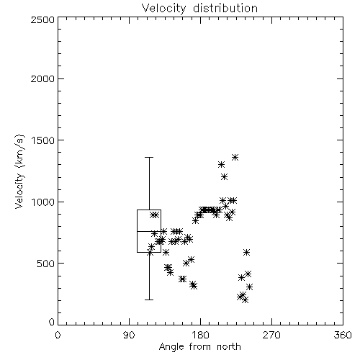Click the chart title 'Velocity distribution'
[x=199, y=9]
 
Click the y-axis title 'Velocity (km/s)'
[x=19, y=171]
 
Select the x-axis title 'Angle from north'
[x=199, y=347]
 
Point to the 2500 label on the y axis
[x=43, y=19]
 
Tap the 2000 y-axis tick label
[x=43, y=78]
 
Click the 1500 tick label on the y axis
[x=43, y=140]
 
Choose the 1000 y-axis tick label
[x=43, y=202]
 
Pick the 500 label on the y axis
[x=46, y=264]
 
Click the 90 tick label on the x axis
[x=129, y=335]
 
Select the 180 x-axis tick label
[x=200, y=335]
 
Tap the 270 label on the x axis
[x=271, y=335]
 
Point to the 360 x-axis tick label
[x=343, y=335]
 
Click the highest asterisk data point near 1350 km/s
[x=235, y=158]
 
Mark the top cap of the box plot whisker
[x=149, y=158]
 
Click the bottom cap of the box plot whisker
[x=149, y=300]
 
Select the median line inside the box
[x=149, y=231]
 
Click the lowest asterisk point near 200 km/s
[x=245, y=300]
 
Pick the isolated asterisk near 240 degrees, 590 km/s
[x=246, y=253]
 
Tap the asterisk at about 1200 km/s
[x=224, y=177]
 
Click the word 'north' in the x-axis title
[x=229, y=347]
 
